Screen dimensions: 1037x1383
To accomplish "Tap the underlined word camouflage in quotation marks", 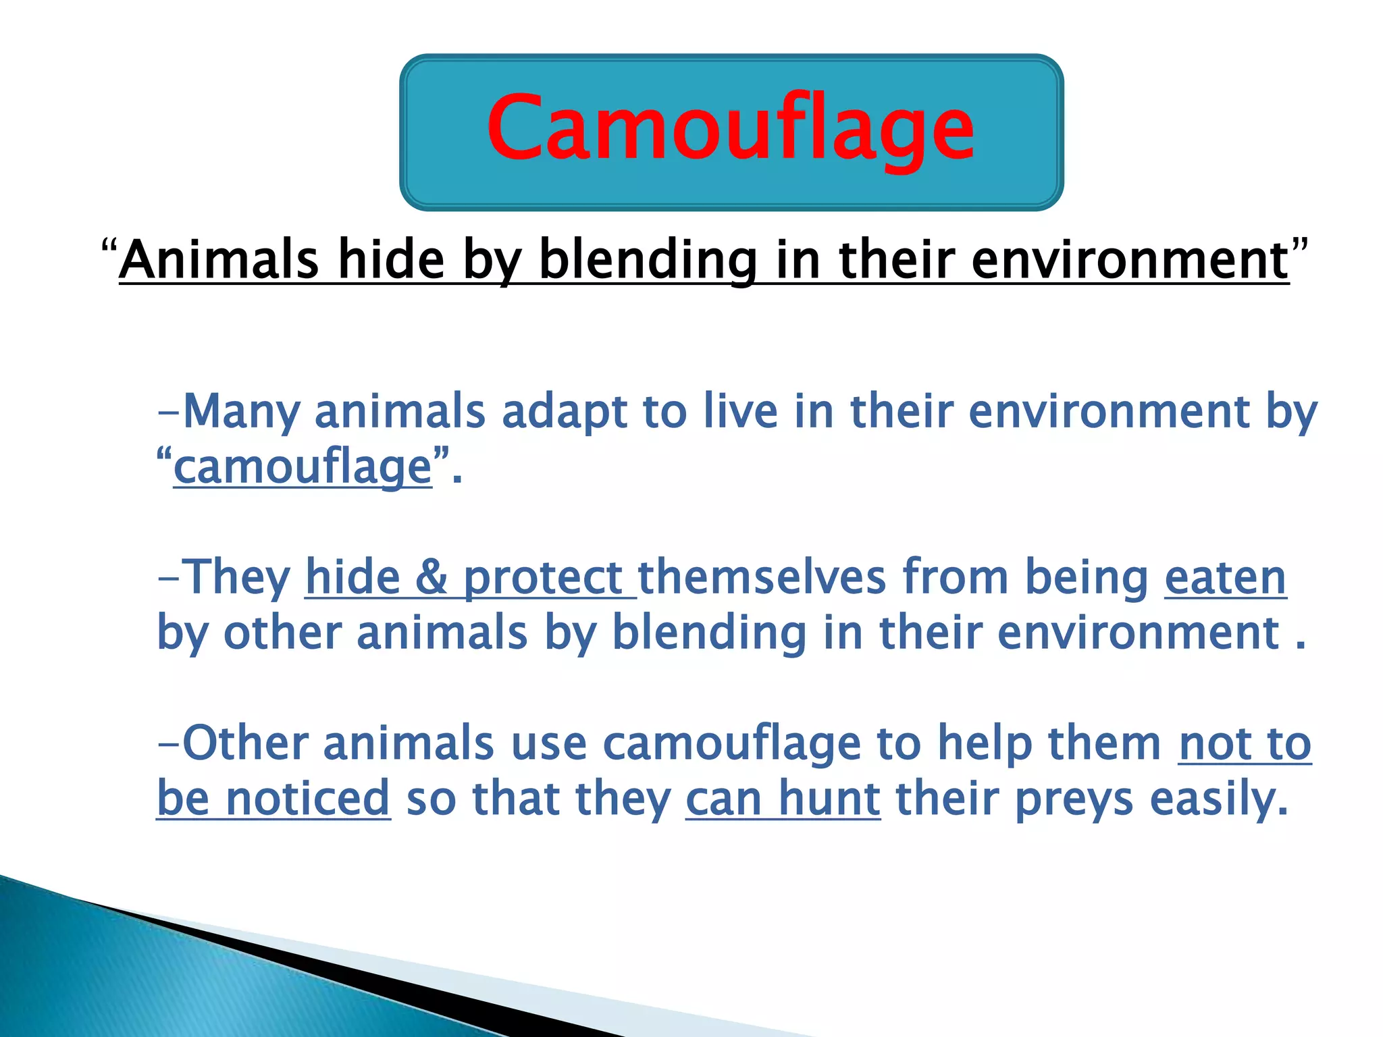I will click(303, 467).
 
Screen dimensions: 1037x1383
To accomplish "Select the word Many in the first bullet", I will click(241, 412).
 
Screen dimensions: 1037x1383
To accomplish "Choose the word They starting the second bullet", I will click(236, 578).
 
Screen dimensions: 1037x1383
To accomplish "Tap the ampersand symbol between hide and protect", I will click(431, 578).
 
